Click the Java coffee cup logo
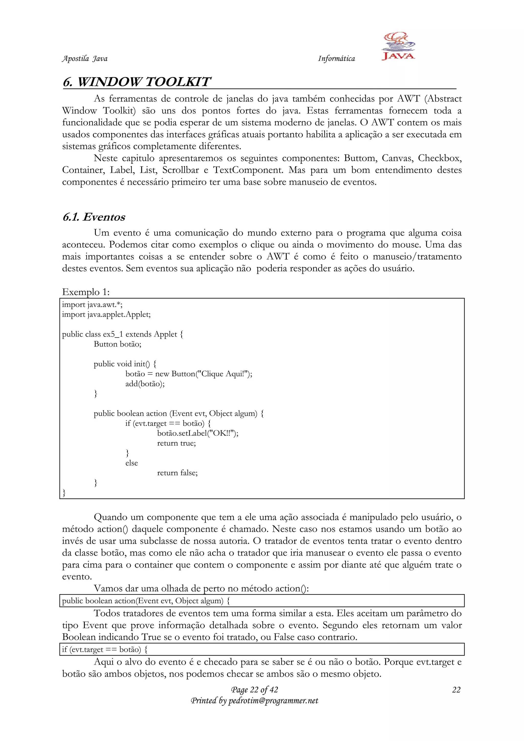pyautogui.click(x=398, y=46)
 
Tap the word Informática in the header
pyautogui.click(x=336, y=58)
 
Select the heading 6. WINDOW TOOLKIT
pyautogui.click(x=137, y=82)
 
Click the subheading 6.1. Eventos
pyautogui.click(x=94, y=217)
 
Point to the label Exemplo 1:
pyautogui.click(x=86, y=292)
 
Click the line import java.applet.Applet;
pyautogui.click(x=106, y=314)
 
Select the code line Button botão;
pyautogui.click(x=117, y=344)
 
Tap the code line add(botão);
pyautogui.click(x=145, y=384)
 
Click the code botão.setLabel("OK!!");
pyautogui.click(x=198, y=433)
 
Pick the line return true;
pyautogui.click(x=177, y=443)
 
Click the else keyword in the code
pyautogui.click(x=132, y=463)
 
